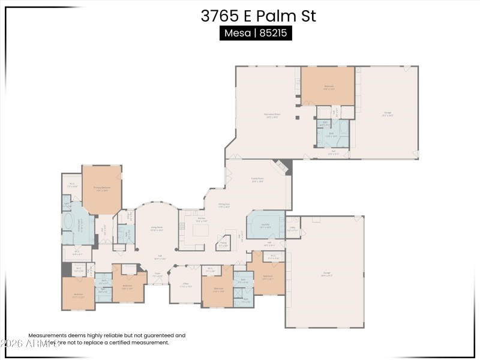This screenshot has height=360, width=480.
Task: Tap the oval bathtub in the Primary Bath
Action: point(67,225)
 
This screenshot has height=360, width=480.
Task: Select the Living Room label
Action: point(157,229)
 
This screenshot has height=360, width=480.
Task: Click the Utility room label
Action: point(292,229)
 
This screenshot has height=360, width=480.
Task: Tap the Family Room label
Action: point(258,180)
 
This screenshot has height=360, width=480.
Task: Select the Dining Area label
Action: point(224,206)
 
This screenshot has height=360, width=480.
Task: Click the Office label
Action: point(186,286)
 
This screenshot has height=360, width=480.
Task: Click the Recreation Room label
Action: point(272,116)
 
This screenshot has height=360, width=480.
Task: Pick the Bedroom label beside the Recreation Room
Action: point(329,88)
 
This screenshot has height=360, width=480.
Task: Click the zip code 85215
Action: point(274,34)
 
